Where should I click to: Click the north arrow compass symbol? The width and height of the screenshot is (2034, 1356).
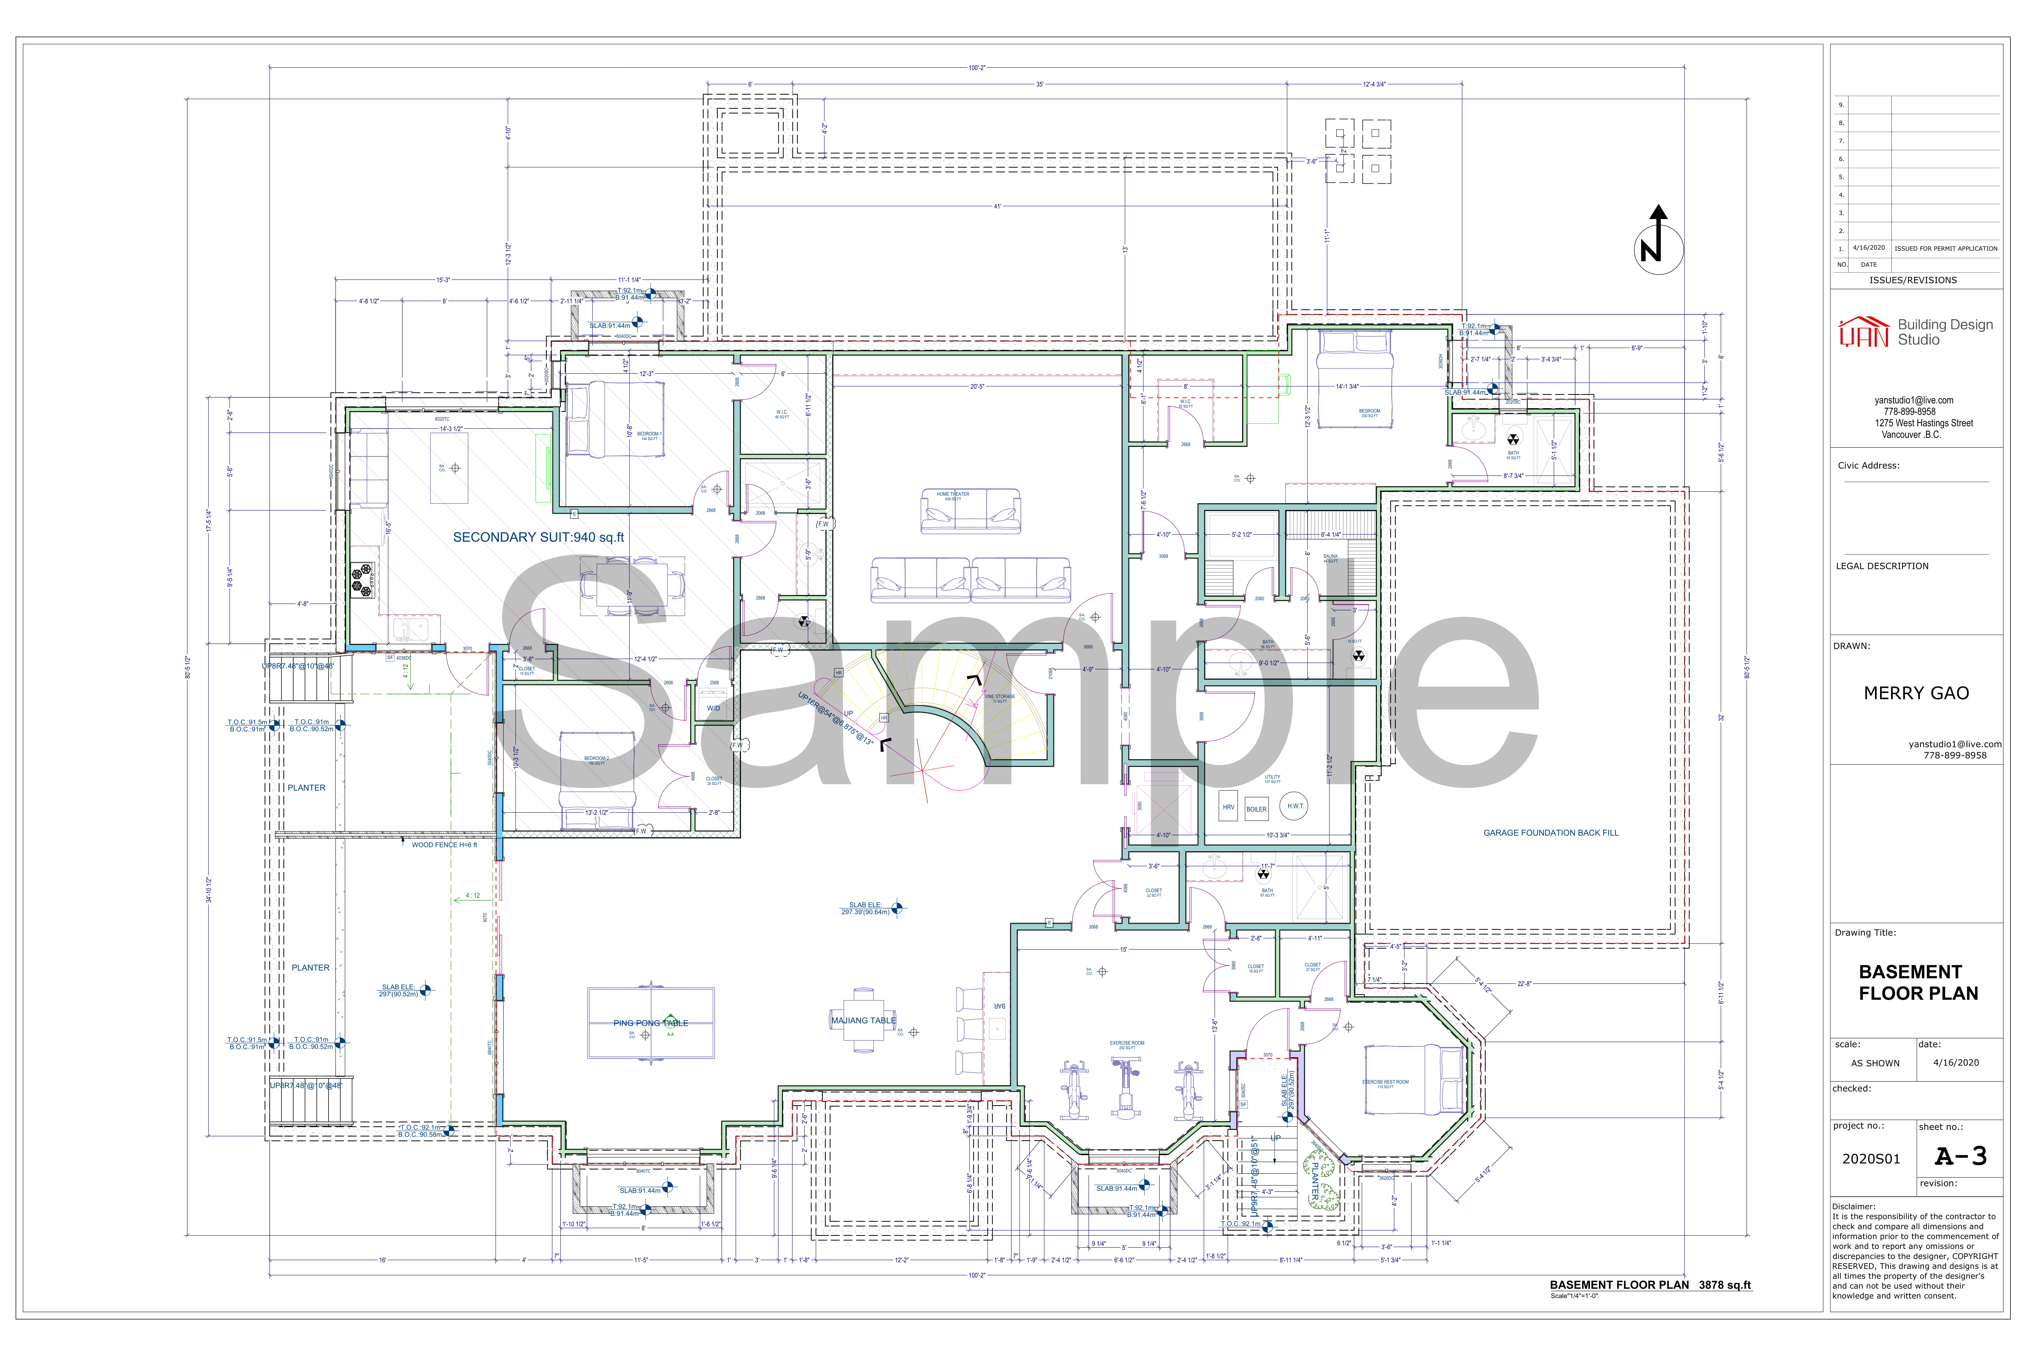(x=1658, y=248)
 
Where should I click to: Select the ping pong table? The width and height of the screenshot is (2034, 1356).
(x=650, y=1023)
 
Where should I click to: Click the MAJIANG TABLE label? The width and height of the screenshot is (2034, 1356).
(x=863, y=1020)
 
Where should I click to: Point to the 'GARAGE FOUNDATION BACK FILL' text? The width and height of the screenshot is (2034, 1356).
(x=1551, y=833)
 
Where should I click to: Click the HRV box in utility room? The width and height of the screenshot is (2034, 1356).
(x=1228, y=807)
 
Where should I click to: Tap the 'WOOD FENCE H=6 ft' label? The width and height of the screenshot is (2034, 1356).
(x=444, y=845)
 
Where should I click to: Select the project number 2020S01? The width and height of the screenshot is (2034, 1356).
(x=1870, y=1159)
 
